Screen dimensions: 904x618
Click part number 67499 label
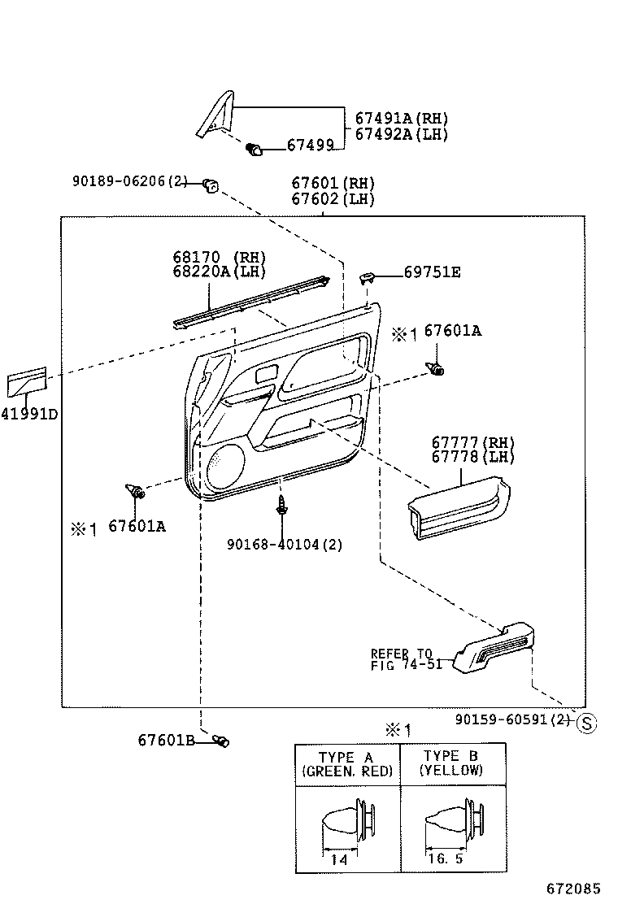pos(311,146)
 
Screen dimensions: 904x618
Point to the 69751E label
pos(432,272)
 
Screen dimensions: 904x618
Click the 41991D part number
pos(29,414)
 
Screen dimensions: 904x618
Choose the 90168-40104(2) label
pos(285,545)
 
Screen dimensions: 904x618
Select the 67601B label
pos(165,740)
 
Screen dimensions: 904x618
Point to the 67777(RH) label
pos(473,442)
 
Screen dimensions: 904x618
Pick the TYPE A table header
pos(346,763)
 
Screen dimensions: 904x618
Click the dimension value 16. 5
pos(445,858)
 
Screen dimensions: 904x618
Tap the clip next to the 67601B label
pos(220,740)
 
